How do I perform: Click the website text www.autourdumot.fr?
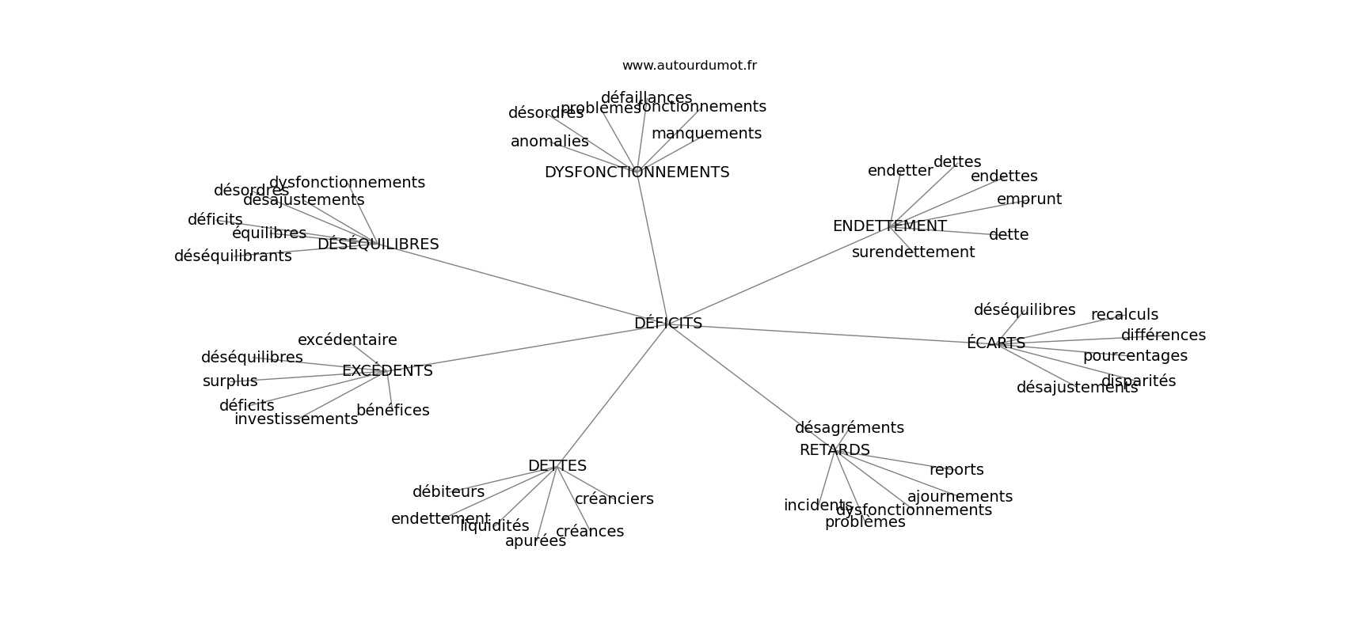pos(689,66)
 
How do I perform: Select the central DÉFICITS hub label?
pos(667,324)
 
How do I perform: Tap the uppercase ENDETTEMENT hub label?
pos(889,226)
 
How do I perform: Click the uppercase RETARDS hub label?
pos(835,450)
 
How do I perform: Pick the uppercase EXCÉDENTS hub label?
pos(387,371)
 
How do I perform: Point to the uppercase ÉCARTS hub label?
pos(995,343)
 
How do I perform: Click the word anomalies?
pos(549,142)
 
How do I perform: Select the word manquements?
pos(706,134)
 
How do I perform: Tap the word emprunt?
pos(1029,199)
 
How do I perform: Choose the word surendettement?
pos(913,252)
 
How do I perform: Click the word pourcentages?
pos(1135,356)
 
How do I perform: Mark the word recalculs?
pos(1124,315)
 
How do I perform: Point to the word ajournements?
pos(960,497)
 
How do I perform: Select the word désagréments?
pos(849,428)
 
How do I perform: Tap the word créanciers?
pos(614,499)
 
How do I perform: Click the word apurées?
pos(535,541)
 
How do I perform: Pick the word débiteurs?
pos(448,492)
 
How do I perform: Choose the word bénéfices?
pos(393,411)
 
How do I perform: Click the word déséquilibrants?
pos(233,256)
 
